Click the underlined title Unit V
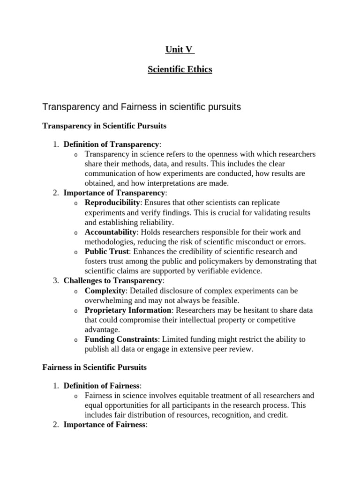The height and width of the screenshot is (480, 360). click(x=180, y=50)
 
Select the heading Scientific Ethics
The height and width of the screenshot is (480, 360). click(x=180, y=69)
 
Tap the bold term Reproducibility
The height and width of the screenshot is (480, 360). click(x=112, y=202)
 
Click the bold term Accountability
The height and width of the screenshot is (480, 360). click(x=111, y=232)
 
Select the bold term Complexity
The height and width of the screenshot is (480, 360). click(x=104, y=291)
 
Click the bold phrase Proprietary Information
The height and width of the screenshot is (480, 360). click(x=128, y=310)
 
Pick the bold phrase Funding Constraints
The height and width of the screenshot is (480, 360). click(x=121, y=339)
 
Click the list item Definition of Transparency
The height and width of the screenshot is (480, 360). click(x=111, y=144)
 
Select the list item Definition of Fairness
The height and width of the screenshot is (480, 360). click(x=101, y=386)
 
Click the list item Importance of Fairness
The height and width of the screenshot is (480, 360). click(x=105, y=425)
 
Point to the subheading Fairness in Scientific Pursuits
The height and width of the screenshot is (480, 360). click(x=95, y=367)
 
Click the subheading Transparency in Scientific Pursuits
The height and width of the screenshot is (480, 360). click(x=105, y=126)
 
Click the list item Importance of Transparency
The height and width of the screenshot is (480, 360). click(x=114, y=193)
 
